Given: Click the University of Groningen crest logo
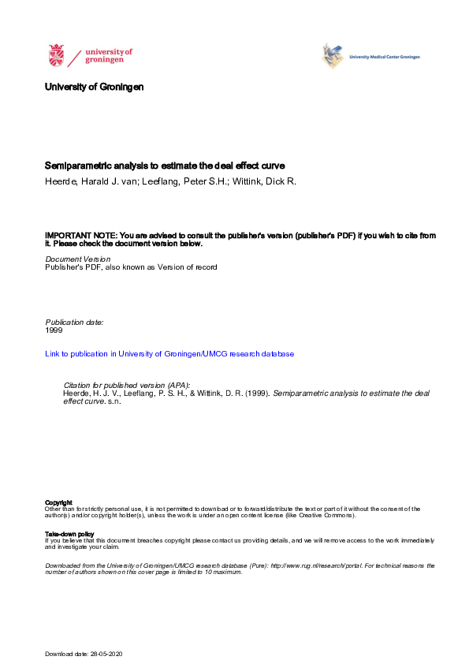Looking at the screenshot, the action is click(x=57, y=56).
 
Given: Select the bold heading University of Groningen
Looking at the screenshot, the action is click(x=95, y=87).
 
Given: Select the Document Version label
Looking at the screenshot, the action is click(x=78, y=259).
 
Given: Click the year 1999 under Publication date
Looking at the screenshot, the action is click(x=54, y=330).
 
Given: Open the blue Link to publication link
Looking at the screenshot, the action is click(x=169, y=354).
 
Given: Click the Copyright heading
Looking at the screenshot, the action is click(x=58, y=502).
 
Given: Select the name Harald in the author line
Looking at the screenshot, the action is click(x=99, y=182).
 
